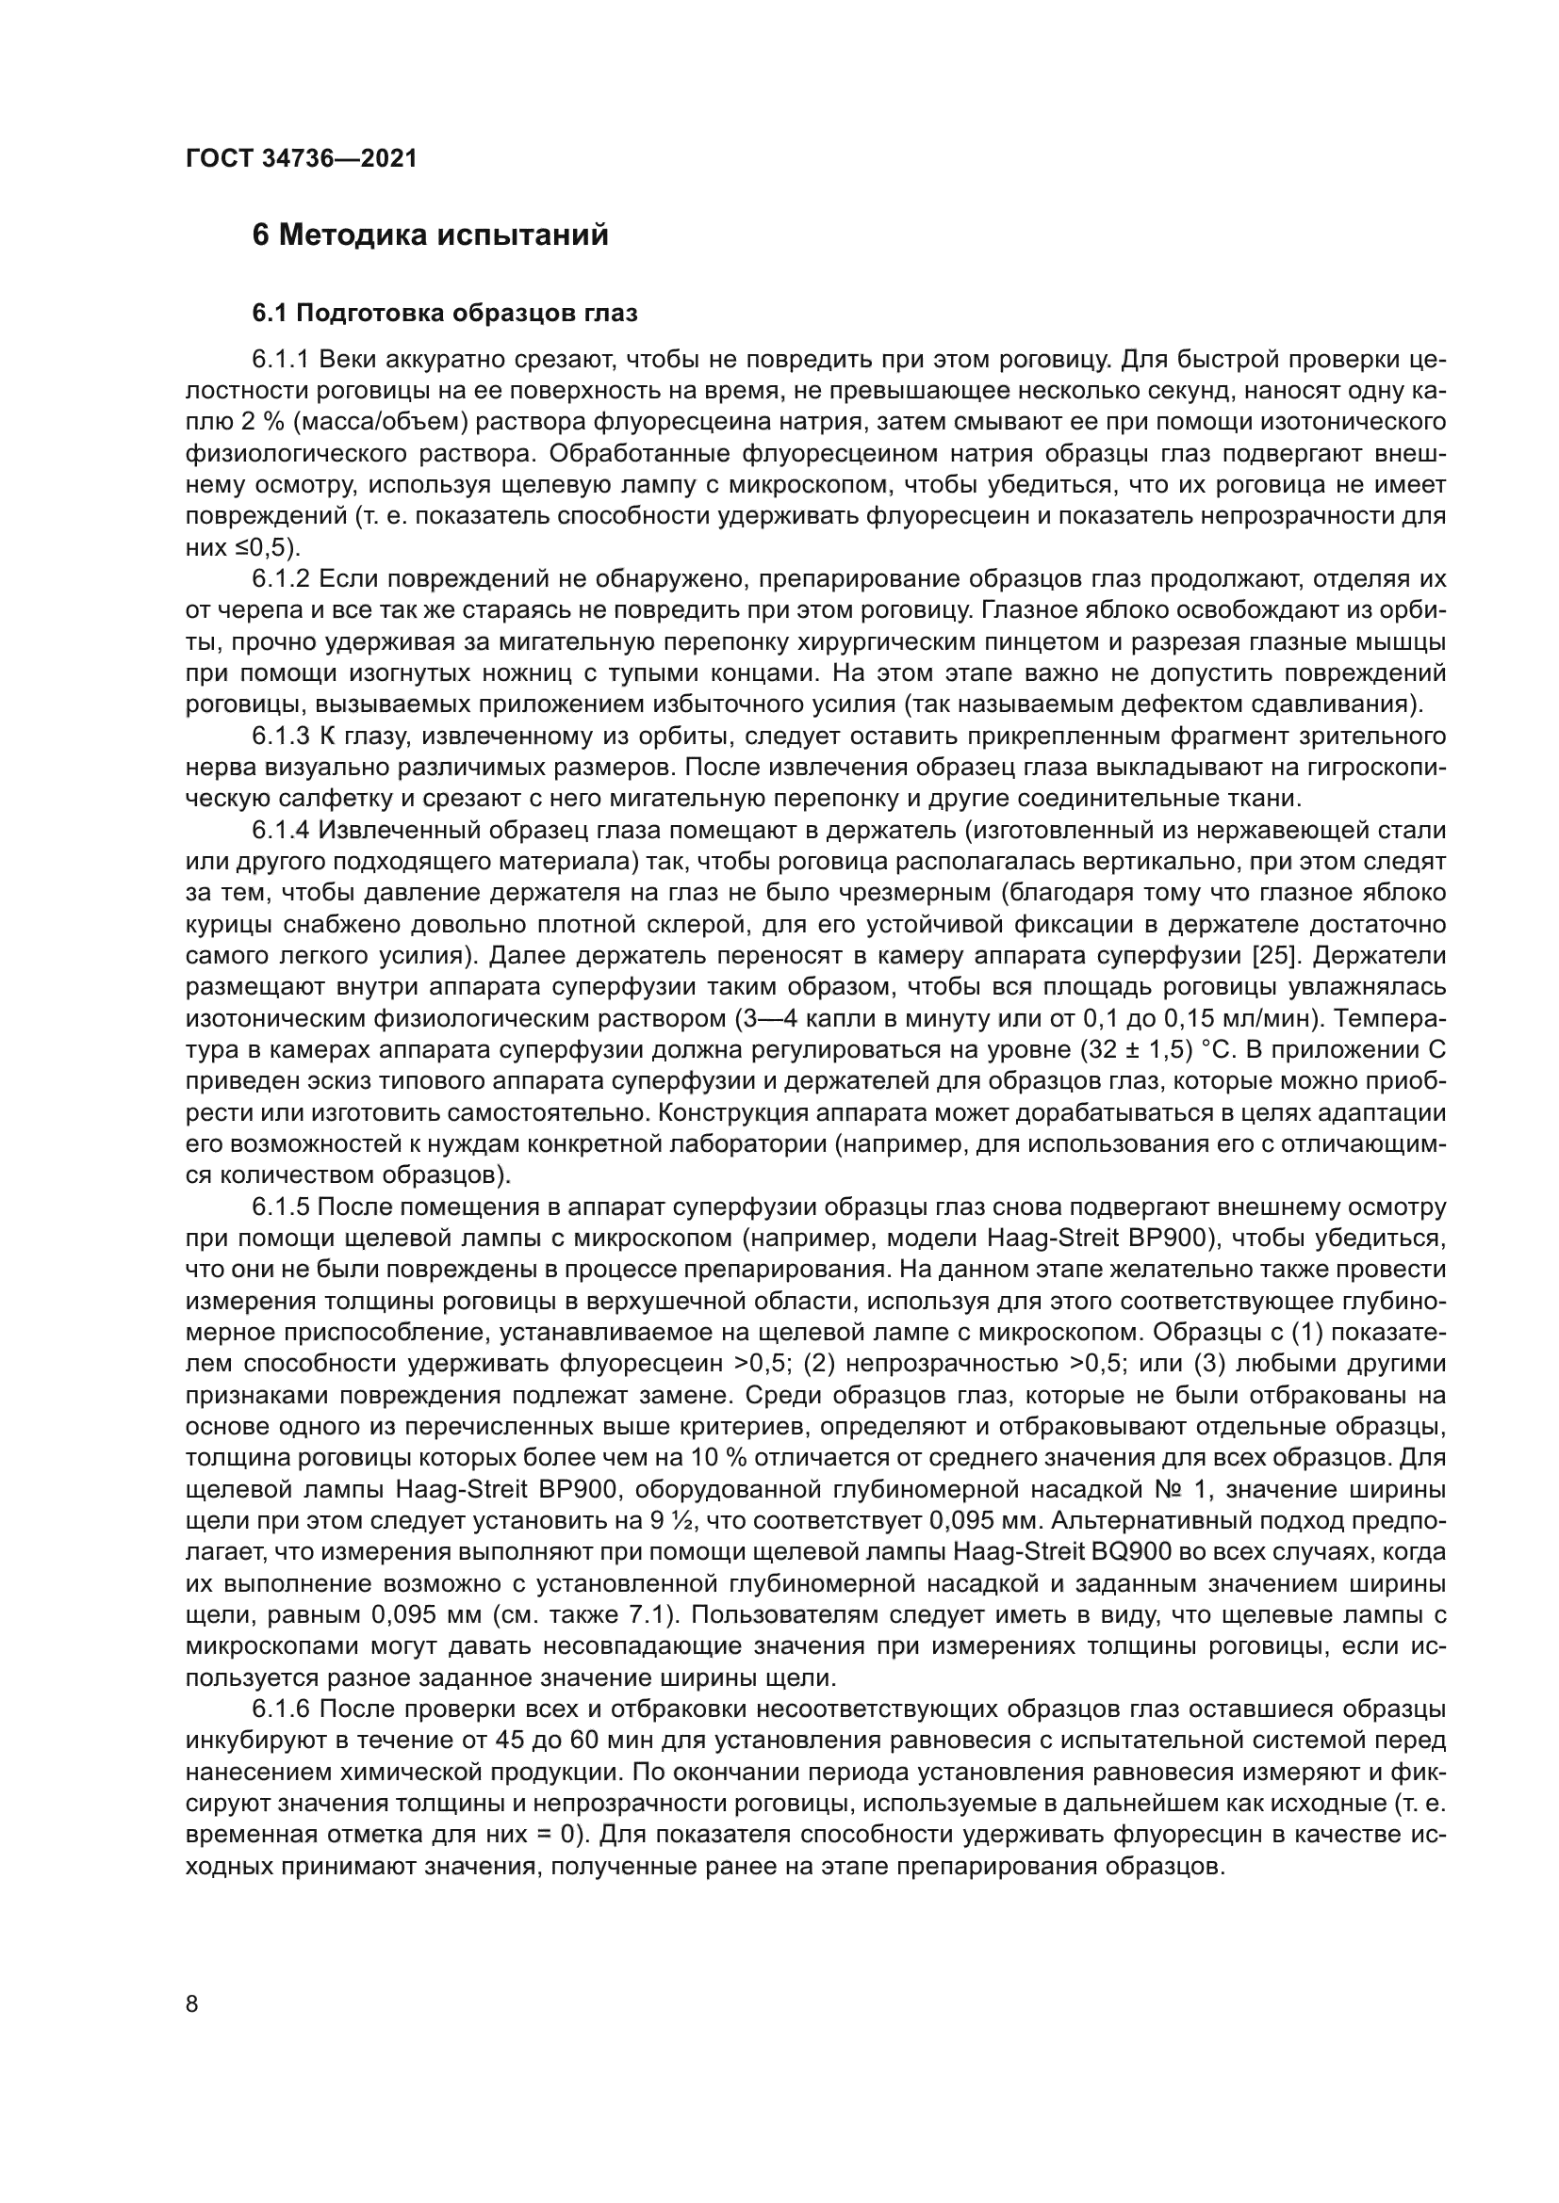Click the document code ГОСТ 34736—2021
click(302, 158)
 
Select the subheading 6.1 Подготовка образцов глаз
click(445, 314)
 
